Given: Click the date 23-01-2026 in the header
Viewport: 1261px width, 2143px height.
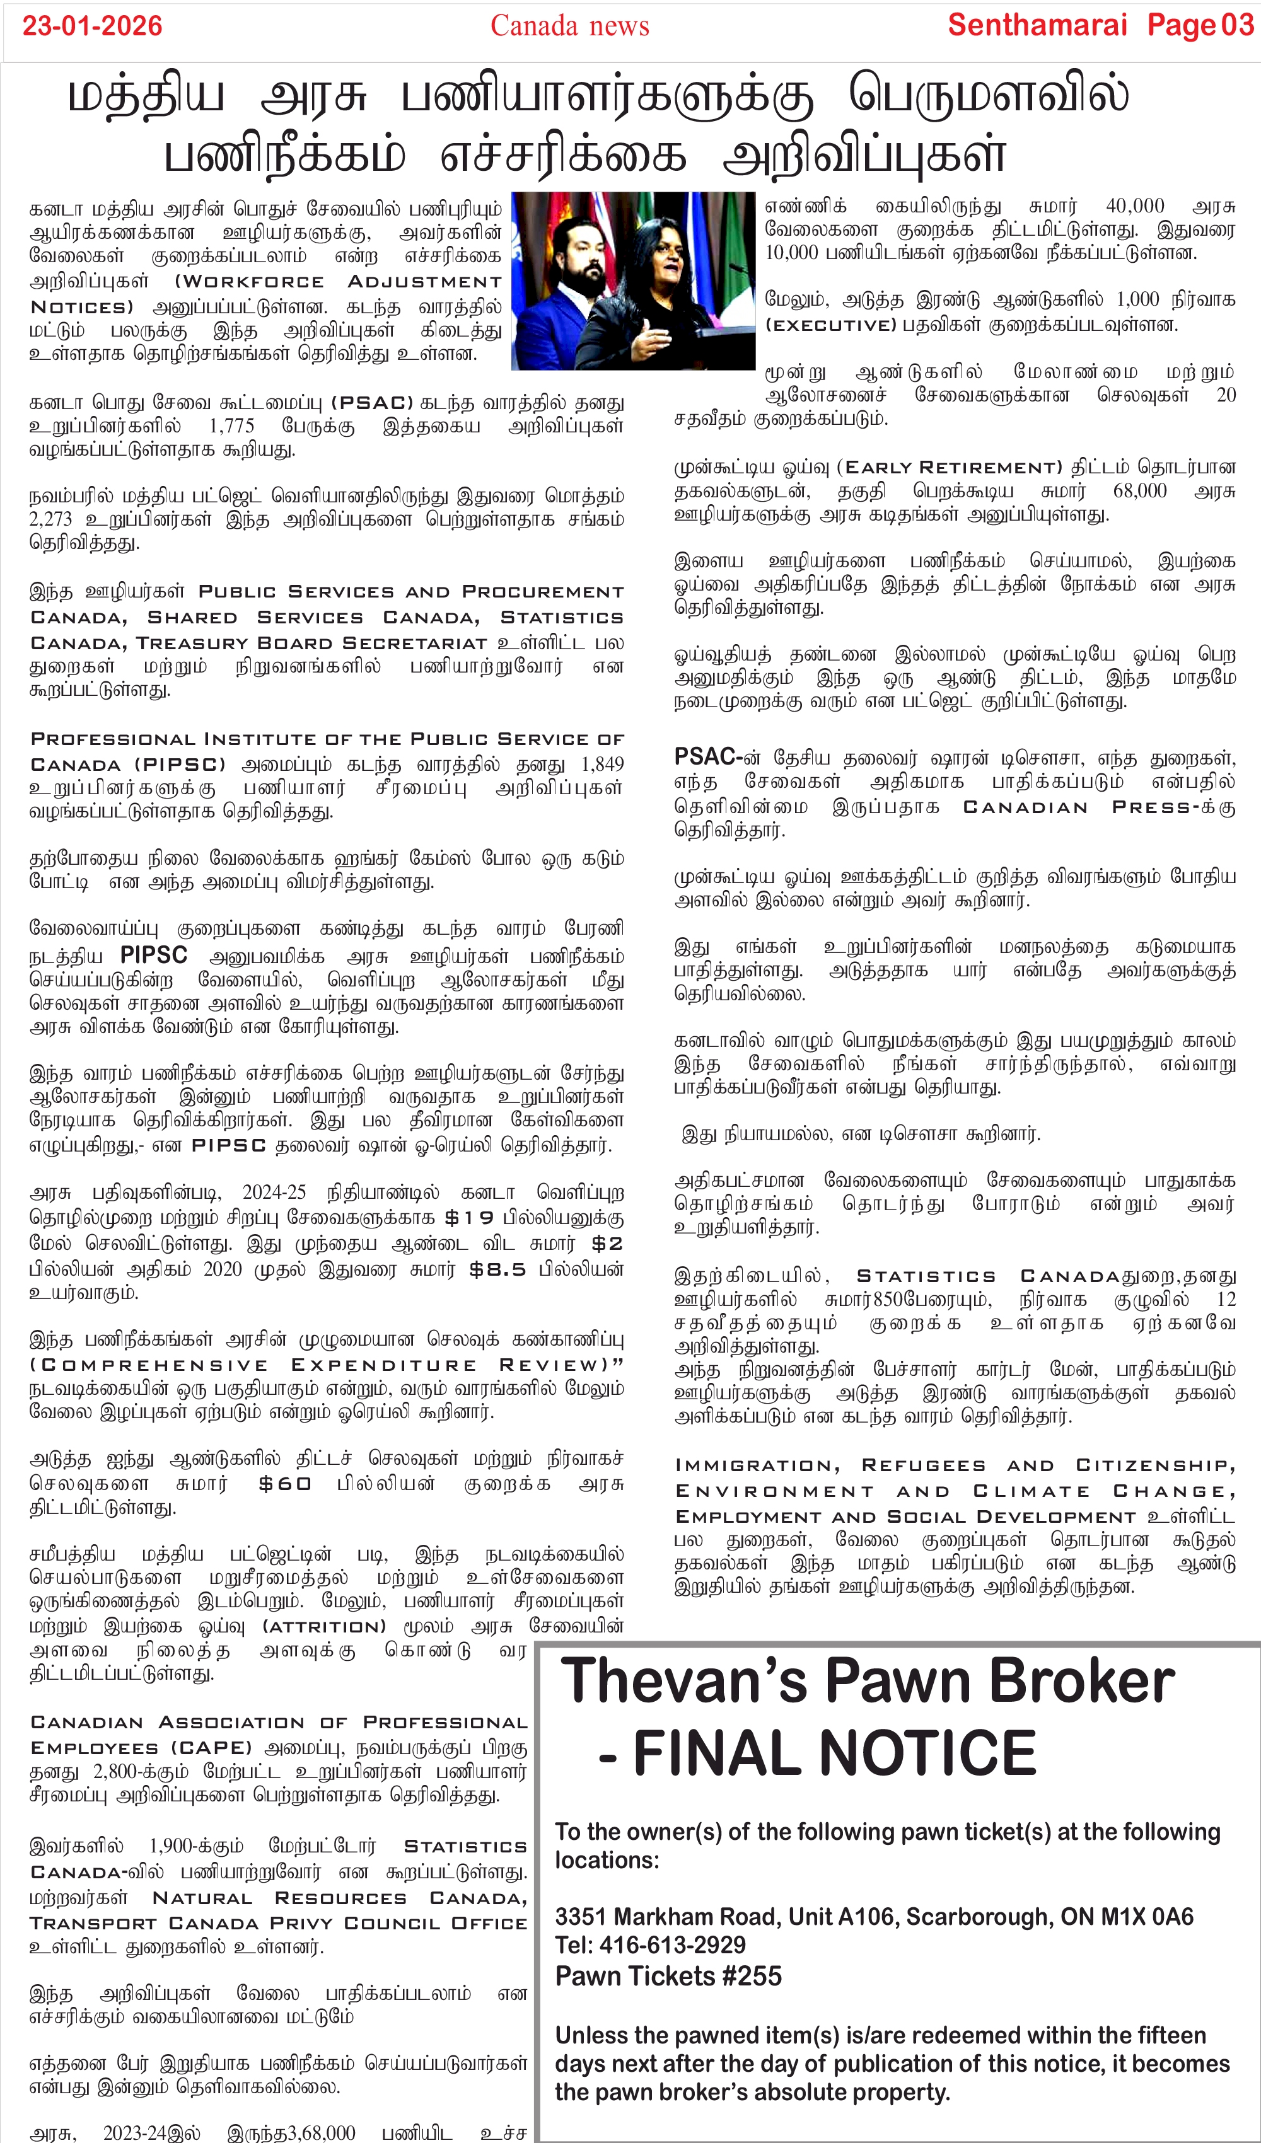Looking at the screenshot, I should pyautogui.click(x=92, y=26).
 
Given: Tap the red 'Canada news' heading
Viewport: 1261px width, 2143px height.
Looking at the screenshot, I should pyautogui.click(x=569, y=26).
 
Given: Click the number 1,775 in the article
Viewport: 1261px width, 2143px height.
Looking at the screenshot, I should pyautogui.click(x=231, y=426).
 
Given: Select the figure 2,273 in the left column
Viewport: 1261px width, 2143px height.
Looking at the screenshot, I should pyautogui.click(x=51, y=519).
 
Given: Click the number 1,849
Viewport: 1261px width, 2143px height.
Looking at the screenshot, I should pyautogui.click(x=601, y=765).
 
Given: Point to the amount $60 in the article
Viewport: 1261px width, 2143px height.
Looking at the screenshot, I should pyautogui.click(x=285, y=1484).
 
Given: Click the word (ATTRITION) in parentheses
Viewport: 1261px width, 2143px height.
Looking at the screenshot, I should pyautogui.click(x=323, y=1627).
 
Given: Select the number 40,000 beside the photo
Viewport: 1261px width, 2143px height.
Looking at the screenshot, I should pyautogui.click(x=1134, y=206).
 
